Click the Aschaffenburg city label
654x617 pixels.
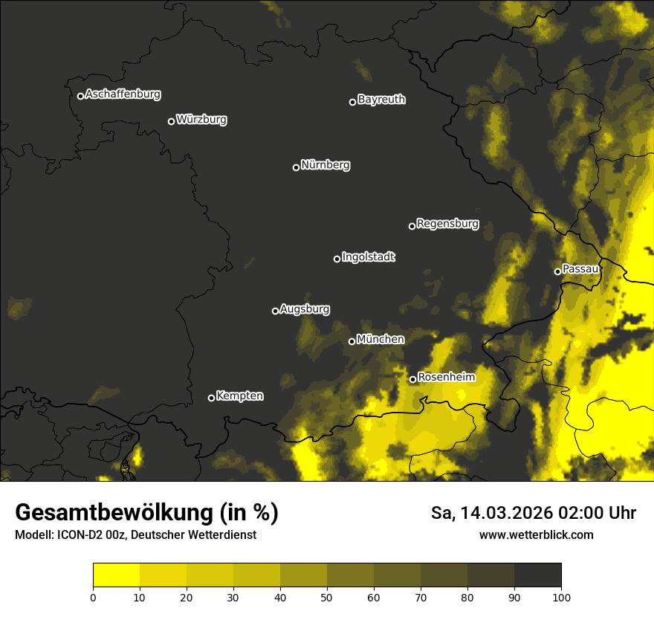(x=123, y=94)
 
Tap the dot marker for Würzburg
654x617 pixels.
(x=171, y=121)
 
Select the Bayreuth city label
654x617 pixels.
(x=381, y=100)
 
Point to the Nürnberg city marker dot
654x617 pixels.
(x=296, y=167)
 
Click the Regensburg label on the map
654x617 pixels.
(x=447, y=224)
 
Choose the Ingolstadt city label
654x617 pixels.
(x=369, y=257)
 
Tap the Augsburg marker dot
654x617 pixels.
(x=275, y=311)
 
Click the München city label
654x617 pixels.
(x=381, y=340)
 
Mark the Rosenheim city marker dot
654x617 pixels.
(x=412, y=379)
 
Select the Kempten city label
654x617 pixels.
(x=239, y=396)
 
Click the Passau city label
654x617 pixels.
(x=580, y=269)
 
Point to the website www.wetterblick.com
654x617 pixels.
(x=536, y=535)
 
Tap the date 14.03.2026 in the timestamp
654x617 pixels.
(x=506, y=513)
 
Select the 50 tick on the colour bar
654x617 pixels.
(x=327, y=596)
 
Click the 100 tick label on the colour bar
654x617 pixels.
(x=561, y=596)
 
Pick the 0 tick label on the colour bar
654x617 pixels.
(x=93, y=596)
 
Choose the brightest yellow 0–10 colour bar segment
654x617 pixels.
(x=116, y=575)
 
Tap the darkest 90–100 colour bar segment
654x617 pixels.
(x=537, y=575)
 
